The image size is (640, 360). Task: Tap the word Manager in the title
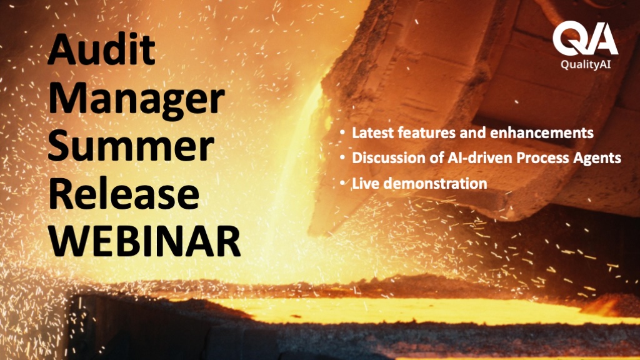point(136,100)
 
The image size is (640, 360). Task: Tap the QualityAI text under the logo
point(585,64)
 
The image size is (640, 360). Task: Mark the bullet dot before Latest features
point(342,132)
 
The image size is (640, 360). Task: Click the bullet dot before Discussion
point(342,157)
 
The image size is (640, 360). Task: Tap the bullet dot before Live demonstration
point(342,183)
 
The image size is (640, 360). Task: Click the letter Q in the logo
point(569,38)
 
